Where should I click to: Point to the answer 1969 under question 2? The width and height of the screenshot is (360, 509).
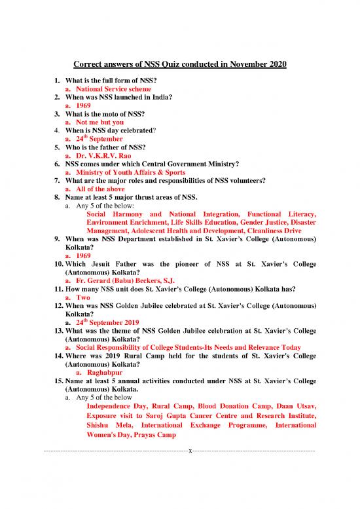click(x=83, y=105)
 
